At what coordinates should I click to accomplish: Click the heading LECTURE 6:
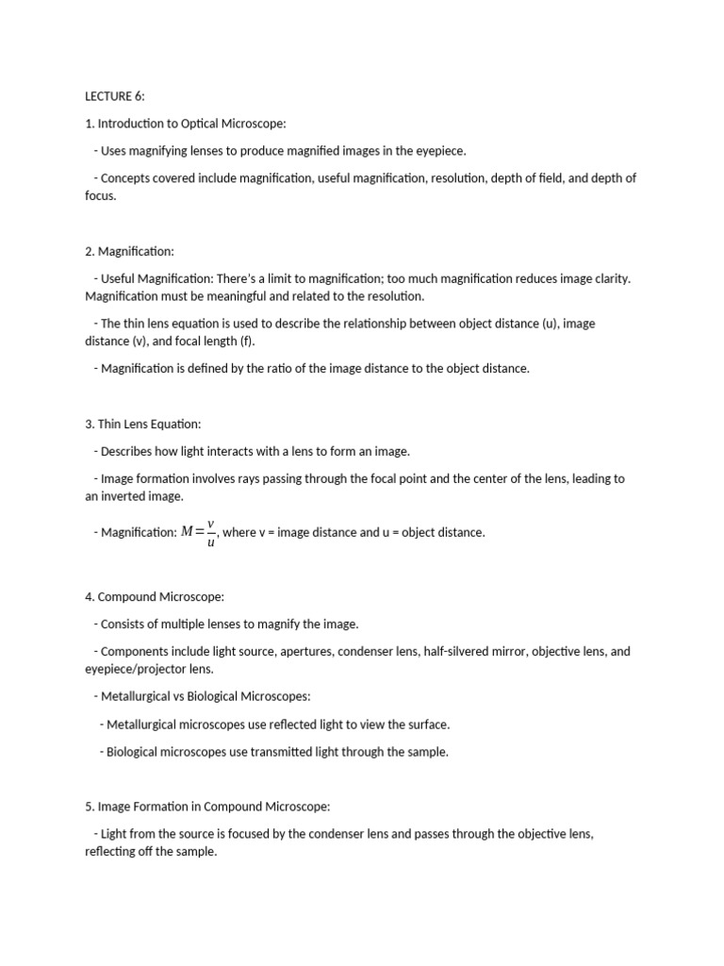coord(115,96)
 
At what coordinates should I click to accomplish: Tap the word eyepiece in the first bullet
coord(441,151)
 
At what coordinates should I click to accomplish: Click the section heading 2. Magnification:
coord(129,251)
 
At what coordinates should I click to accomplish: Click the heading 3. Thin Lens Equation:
coord(143,425)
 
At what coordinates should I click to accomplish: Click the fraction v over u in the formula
coord(210,533)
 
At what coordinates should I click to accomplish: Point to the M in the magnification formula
coord(187,532)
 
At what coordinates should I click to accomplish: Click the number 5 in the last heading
coord(89,807)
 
